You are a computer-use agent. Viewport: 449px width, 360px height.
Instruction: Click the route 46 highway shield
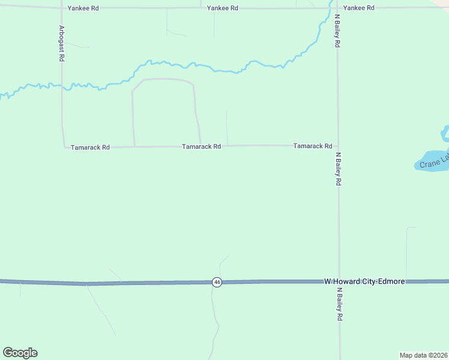[217, 282]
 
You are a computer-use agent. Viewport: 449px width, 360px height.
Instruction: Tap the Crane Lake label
[434, 161]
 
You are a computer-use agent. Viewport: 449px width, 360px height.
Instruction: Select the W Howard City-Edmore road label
[364, 281]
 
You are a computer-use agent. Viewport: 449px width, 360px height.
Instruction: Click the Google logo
[20, 352]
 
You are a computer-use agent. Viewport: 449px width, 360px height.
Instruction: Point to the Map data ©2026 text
[423, 355]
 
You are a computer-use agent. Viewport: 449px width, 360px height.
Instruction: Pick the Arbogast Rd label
[61, 44]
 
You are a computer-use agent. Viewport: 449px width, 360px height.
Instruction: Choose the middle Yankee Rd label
[222, 8]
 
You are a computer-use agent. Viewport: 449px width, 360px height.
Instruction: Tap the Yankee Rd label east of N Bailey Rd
[359, 8]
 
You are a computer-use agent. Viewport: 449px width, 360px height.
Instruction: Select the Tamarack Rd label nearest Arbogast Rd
[90, 147]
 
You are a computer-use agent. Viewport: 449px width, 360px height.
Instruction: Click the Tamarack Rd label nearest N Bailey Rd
[313, 146]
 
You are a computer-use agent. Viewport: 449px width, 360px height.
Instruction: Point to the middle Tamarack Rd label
[202, 146]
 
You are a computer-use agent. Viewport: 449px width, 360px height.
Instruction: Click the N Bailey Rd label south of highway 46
[340, 305]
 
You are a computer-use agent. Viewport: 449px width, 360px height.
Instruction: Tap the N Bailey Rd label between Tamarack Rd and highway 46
[339, 169]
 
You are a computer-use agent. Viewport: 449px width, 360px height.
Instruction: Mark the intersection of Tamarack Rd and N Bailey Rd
[338, 146]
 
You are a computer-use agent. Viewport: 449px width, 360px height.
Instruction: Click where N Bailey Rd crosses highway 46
[339, 281]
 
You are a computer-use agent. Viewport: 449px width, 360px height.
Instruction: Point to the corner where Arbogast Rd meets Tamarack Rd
[64, 146]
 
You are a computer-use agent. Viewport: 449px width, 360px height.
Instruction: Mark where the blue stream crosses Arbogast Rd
[61, 85]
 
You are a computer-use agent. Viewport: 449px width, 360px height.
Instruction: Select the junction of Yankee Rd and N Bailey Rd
[337, 8]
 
